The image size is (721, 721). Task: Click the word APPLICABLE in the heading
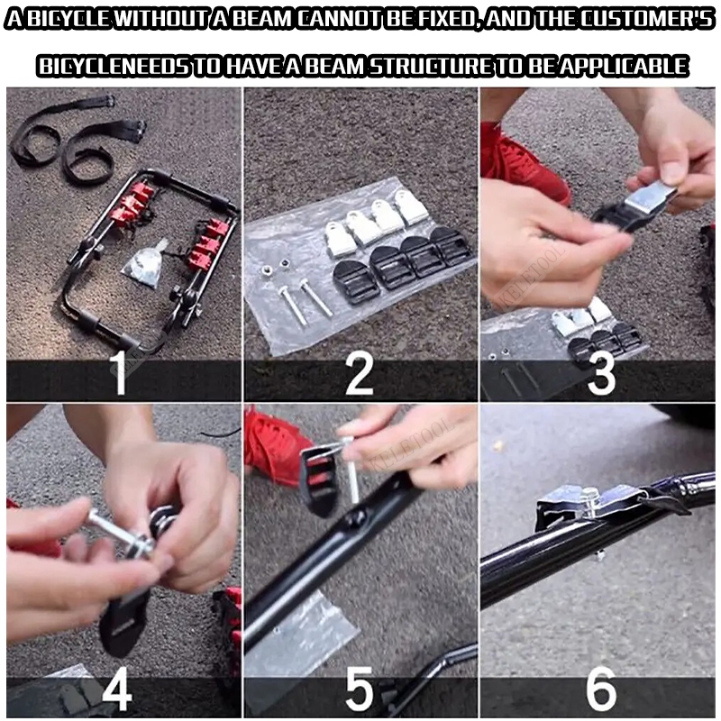coord(625,66)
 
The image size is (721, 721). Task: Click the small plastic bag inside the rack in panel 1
coord(144,263)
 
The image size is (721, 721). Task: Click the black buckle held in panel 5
coord(320,480)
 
